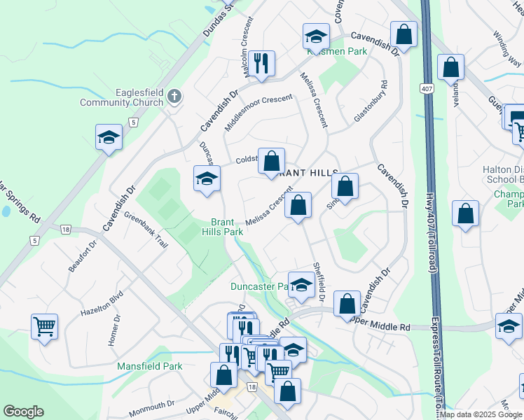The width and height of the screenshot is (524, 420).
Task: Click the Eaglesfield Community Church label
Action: (131, 97)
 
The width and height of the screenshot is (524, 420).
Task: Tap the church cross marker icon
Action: (174, 97)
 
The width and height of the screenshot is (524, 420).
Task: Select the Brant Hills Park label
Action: (223, 226)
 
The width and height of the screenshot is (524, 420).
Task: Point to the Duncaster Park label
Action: (259, 286)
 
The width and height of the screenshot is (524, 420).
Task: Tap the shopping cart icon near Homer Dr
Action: (44, 325)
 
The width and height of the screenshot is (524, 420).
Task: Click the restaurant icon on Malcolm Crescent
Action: (261, 63)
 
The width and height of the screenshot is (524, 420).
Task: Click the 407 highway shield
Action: (426, 88)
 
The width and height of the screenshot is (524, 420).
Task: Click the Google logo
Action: (23, 412)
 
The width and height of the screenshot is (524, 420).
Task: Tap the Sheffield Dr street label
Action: (319, 282)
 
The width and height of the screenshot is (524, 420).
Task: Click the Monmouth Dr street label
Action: (152, 405)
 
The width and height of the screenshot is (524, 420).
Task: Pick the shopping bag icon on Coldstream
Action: (271, 161)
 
